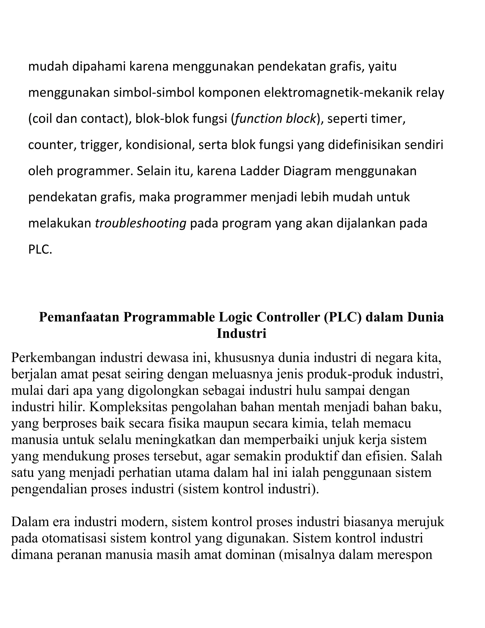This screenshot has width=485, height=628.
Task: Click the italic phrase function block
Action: pos(275,119)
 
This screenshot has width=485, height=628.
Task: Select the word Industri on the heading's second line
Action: pos(241,334)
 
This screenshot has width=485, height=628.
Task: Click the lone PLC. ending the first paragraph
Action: pos(40,250)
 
